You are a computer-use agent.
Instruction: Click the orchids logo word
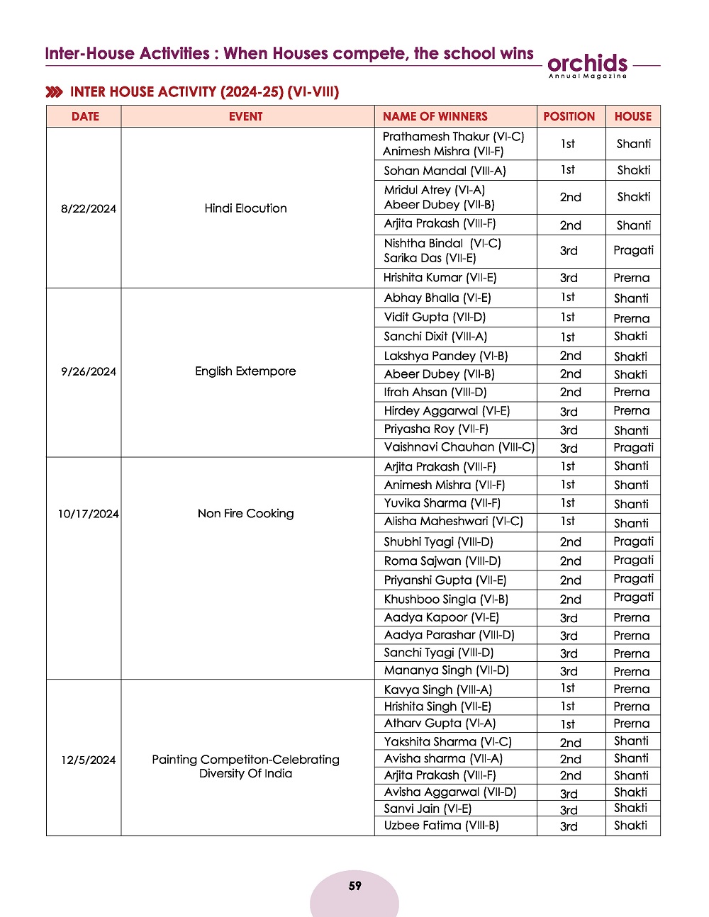(587, 62)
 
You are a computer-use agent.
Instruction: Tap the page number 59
(354, 886)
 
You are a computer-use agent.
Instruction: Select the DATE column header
(85, 116)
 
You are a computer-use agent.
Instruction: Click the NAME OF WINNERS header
(435, 116)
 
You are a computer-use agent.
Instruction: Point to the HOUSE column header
(632, 116)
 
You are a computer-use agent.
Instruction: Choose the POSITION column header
(569, 116)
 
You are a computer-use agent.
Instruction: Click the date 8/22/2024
(89, 208)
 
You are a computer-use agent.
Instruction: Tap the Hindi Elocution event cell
(246, 208)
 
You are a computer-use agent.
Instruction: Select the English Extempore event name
(246, 371)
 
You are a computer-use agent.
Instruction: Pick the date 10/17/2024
(89, 514)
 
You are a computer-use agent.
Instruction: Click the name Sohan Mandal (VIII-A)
(445, 171)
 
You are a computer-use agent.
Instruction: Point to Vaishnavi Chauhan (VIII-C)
(459, 447)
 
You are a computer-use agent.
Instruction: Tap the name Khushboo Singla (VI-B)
(446, 599)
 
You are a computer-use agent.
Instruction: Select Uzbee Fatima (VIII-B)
(441, 826)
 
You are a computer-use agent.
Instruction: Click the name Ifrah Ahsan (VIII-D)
(435, 392)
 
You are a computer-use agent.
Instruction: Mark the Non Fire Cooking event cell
(246, 514)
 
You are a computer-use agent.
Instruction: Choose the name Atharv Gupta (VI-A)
(440, 724)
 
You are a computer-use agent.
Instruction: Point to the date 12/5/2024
(89, 760)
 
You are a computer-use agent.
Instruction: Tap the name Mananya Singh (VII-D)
(446, 670)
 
